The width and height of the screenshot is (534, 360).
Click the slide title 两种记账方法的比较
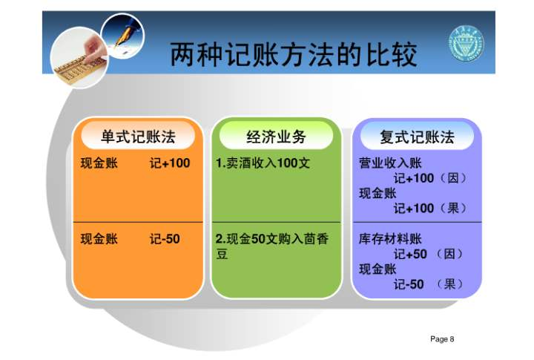(293, 54)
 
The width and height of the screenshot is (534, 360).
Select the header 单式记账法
(138, 137)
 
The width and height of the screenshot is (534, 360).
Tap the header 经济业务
(276, 137)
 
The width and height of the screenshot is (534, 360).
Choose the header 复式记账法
(416, 137)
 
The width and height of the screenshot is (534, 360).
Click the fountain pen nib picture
(123, 33)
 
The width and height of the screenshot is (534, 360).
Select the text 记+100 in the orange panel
(170, 163)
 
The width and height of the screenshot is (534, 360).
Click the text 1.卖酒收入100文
(263, 163)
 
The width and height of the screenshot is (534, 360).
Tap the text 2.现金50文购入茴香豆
(271, 246)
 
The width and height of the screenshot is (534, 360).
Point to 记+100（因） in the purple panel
(430, 178)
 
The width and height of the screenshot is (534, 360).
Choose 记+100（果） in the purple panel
(430, 209)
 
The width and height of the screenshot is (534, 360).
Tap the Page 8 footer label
(441, 339)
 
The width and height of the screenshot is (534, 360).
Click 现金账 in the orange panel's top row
(99, 163)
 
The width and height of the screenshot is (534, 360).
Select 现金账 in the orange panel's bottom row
(99, 239)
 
